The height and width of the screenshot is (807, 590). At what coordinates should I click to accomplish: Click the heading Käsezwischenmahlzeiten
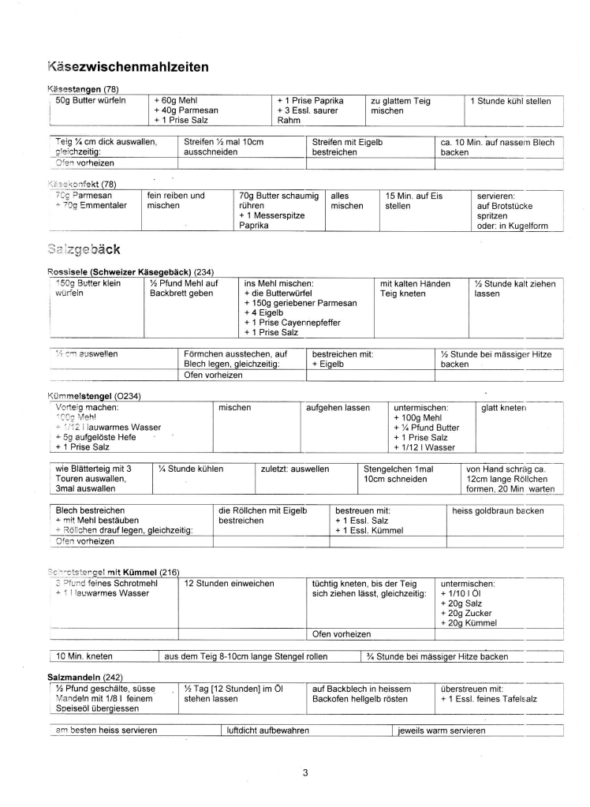coord(128,66)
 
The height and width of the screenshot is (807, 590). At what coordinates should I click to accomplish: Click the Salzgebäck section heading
coord(84,250)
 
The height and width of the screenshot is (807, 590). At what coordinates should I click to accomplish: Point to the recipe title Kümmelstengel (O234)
coord(95,394)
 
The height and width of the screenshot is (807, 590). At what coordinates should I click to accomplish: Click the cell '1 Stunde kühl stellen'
coord(510,101)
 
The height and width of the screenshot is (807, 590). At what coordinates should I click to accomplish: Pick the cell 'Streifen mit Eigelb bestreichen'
coord(347,147)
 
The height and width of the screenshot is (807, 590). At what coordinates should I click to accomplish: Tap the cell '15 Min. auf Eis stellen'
coord(409,200)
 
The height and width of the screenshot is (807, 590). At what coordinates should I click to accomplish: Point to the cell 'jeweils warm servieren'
coord(442,730)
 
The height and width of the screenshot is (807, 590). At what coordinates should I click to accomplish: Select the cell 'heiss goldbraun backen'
coord(498,510)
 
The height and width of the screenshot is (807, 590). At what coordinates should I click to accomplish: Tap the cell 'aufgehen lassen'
coord(338,407)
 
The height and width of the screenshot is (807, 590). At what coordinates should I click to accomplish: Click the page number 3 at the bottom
coord(305,772)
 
